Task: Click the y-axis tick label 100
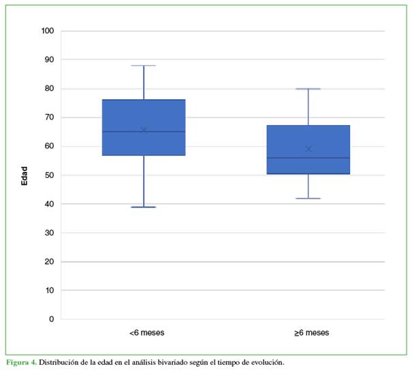pos(47,31)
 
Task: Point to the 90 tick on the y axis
pos(48,60)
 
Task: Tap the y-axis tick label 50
pos(48,175)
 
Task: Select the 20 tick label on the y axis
pos(48,262)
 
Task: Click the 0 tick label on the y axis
pos(50,319)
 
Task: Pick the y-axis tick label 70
pos(48,118)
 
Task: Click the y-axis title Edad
pos(25,175)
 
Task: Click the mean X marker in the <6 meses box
pos(144,130)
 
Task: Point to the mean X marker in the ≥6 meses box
pos(308,149)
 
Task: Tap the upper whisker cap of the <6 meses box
pos(144,66)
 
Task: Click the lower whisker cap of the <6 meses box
pos(144,207)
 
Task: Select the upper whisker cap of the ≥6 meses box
pos(308,89)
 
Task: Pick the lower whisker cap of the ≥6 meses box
pos(308,198)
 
